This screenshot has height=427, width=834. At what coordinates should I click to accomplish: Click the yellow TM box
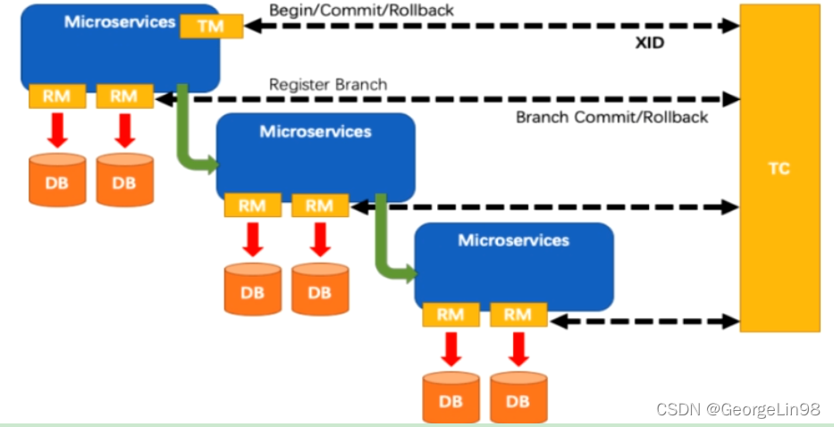[x=212, y=26]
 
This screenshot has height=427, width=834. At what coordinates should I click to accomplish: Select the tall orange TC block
[x=779, y=168]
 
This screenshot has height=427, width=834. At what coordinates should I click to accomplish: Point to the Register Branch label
[x=328, y=85]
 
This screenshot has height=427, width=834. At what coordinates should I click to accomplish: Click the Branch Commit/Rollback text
[x=611, y=117]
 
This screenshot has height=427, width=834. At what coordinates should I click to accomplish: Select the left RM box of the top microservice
[x=56, y=96]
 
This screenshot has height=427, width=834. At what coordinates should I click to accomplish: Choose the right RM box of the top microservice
[x=124, y=96]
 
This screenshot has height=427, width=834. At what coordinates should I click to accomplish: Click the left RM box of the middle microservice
[x=252, y=205]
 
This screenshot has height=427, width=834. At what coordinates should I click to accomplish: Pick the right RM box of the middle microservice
[x=319, y=205]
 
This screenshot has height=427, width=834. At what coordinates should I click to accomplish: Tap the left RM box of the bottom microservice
[x=451, y=314]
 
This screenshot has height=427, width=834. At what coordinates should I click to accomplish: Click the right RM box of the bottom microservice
[x=518, y=314]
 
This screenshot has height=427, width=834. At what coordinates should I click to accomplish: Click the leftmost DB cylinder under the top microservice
[x=57, y=180]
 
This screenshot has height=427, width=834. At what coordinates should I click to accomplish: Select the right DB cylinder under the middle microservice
[x=320, y=289]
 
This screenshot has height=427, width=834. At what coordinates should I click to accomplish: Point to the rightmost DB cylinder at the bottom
[x=518, y=397]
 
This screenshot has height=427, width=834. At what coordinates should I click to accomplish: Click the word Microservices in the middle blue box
[x=315, y=131]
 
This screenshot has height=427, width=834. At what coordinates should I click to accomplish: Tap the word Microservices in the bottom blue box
[x=513, y=240]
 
